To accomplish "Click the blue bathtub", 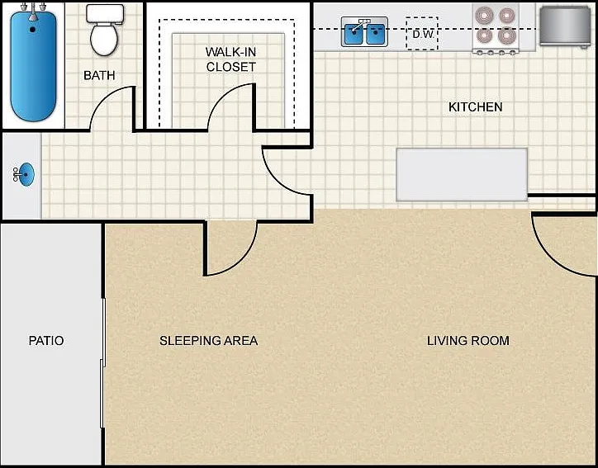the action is coord(33,65).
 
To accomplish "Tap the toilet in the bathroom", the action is coord(105,30).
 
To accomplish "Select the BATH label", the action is coord(99,75).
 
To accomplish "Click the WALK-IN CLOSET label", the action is coord(230,59).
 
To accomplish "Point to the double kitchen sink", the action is coord(364,32).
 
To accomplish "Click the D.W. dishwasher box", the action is coord(422,34).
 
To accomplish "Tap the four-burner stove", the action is coord(496,29).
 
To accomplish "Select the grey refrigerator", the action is coord(565,26).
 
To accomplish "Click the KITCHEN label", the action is coord(475,107).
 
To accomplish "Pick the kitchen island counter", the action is coord(462,174).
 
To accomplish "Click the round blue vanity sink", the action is coord(26,174).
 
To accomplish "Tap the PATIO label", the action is coord(46,340).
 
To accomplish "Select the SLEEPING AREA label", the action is coord(209,340).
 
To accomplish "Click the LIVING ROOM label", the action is coord(468,340).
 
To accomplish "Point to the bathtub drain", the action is coord(33,30).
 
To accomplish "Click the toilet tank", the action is coord(105,13).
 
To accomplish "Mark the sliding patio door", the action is coord(102,363).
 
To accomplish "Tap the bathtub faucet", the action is coord(34,12).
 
